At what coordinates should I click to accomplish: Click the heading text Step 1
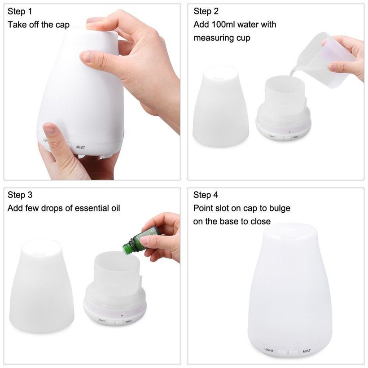19,11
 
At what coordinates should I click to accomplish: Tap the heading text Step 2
206,11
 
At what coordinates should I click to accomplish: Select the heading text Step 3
20,195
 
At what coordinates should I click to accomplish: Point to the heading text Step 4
206,195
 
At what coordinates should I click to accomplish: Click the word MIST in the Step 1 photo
80,147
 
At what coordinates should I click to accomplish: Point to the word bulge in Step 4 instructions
280,208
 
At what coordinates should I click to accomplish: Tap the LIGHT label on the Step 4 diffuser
269,350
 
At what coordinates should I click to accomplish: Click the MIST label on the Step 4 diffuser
307,351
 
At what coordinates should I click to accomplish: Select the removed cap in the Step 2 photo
221,106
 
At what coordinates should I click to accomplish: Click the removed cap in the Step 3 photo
42,286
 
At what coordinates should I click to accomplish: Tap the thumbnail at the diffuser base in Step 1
49,129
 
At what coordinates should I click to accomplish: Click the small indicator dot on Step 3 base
122,315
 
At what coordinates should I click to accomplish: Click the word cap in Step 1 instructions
62,25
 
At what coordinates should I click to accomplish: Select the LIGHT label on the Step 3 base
101,320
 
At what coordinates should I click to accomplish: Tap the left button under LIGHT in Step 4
281,352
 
